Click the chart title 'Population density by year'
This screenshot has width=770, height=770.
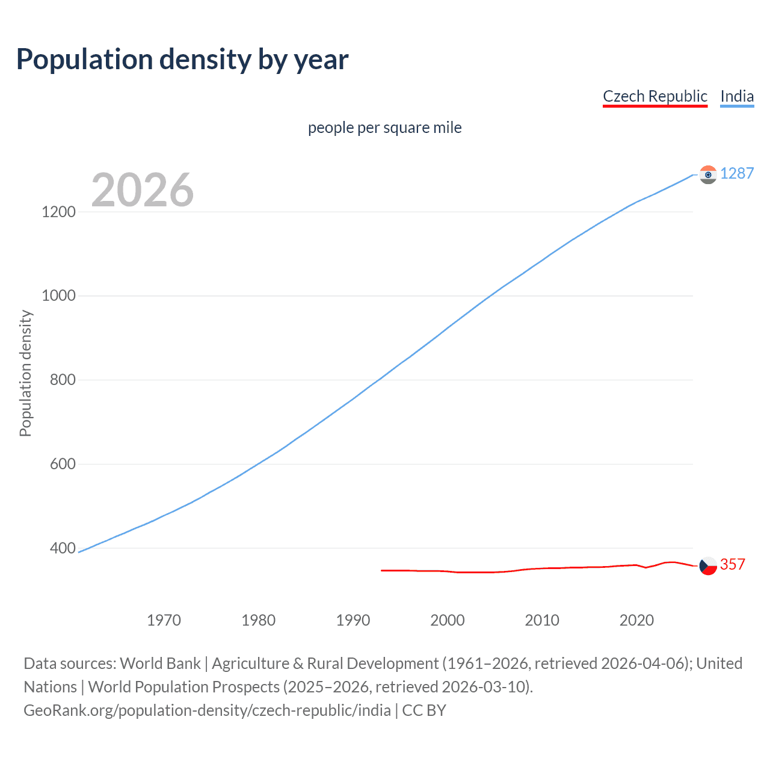pyautogui.click(x=182, y=59)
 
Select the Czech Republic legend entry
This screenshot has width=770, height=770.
pyautogui.click(x=654, y=96)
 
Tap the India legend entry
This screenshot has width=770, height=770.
pyautogui.click(x=737, y=96)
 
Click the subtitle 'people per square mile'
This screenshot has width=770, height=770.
pyautogui.click(x=384, y=128)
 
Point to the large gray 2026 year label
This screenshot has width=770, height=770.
pyautogui.click(x=143, y=190)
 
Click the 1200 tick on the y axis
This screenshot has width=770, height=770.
pyautogui.click(x=59, y=212)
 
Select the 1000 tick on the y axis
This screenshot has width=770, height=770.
pyautogui.click(x=59, y=295)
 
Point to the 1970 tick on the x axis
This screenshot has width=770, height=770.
pyautogui.click(x=164, y=620)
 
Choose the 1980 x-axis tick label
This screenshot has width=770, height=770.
pyautogui.click(x=258, y=620)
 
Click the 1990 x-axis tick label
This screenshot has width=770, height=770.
pyautogui.click(x=353, y=620)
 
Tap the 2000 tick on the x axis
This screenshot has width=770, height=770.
pyautogui.click(x=448, y=620)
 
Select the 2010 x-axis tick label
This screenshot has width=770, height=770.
pyautogui.click(x=542, y=620)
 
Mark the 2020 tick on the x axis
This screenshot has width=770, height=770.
pyautogui.click(x=636, y=620)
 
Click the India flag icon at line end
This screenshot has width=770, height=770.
pyautogui.click(x=708, y=174)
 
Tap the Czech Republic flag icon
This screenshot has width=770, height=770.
pyautogui.click(x=708, y=565)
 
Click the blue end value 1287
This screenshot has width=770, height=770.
pyautogui.click(x=737, y=173)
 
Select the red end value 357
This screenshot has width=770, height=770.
pyautogui.click(x=733, y=564)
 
